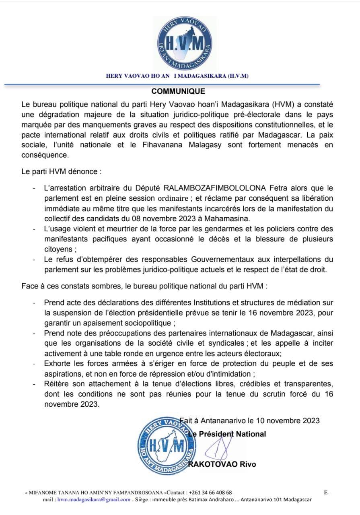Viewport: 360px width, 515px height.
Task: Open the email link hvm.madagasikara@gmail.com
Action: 94,499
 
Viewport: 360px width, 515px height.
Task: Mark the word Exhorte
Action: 56,363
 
